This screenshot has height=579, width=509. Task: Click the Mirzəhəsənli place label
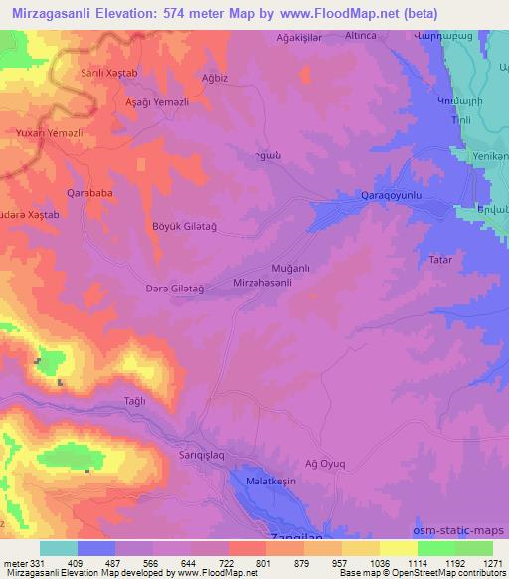pyautogui.click(x=261, y=284)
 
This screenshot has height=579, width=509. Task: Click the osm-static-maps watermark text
pyautogui.click(x=465, y=530)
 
